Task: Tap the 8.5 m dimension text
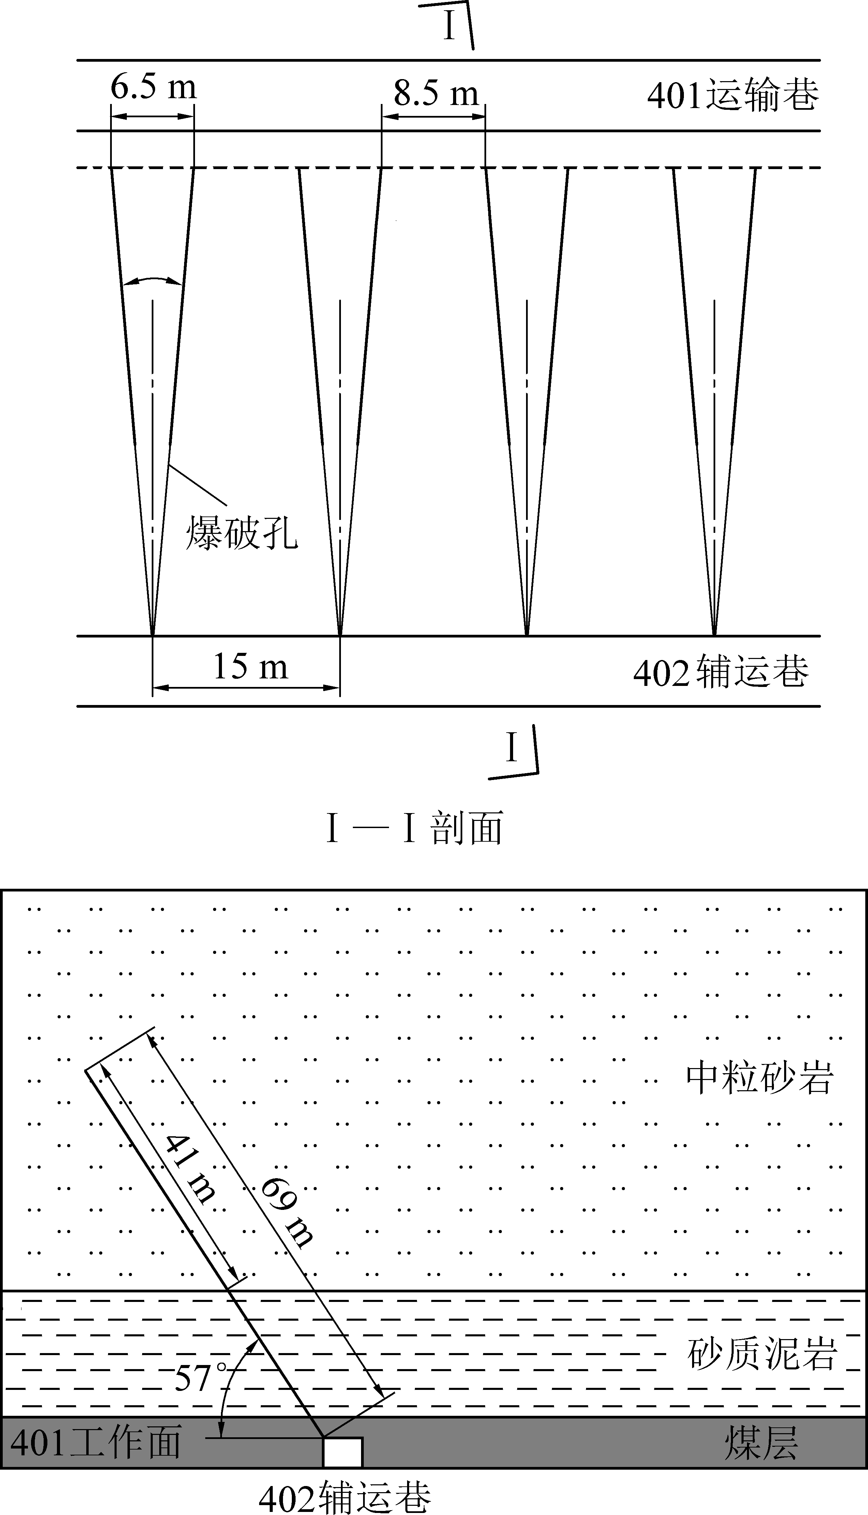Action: (436, 93)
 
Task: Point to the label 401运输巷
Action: (733, 95)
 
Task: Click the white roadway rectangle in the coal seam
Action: (343, 1452)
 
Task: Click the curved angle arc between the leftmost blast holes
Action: (151, 281)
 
